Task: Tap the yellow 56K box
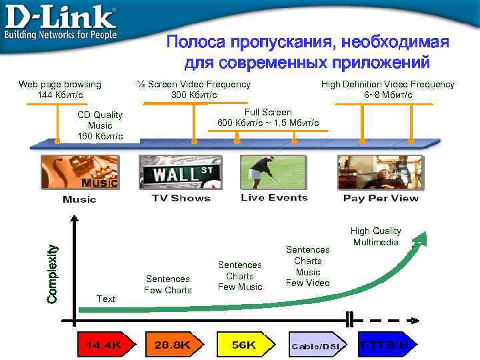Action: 243,345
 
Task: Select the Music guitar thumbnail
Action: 79,173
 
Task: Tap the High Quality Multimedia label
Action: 376,236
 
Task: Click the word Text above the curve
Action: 106,299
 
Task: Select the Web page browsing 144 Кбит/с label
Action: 60,89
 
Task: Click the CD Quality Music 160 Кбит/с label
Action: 100,125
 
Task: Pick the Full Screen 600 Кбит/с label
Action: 268,117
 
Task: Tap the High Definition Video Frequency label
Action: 387,89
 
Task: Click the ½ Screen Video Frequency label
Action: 193,89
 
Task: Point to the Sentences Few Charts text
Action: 168,284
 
